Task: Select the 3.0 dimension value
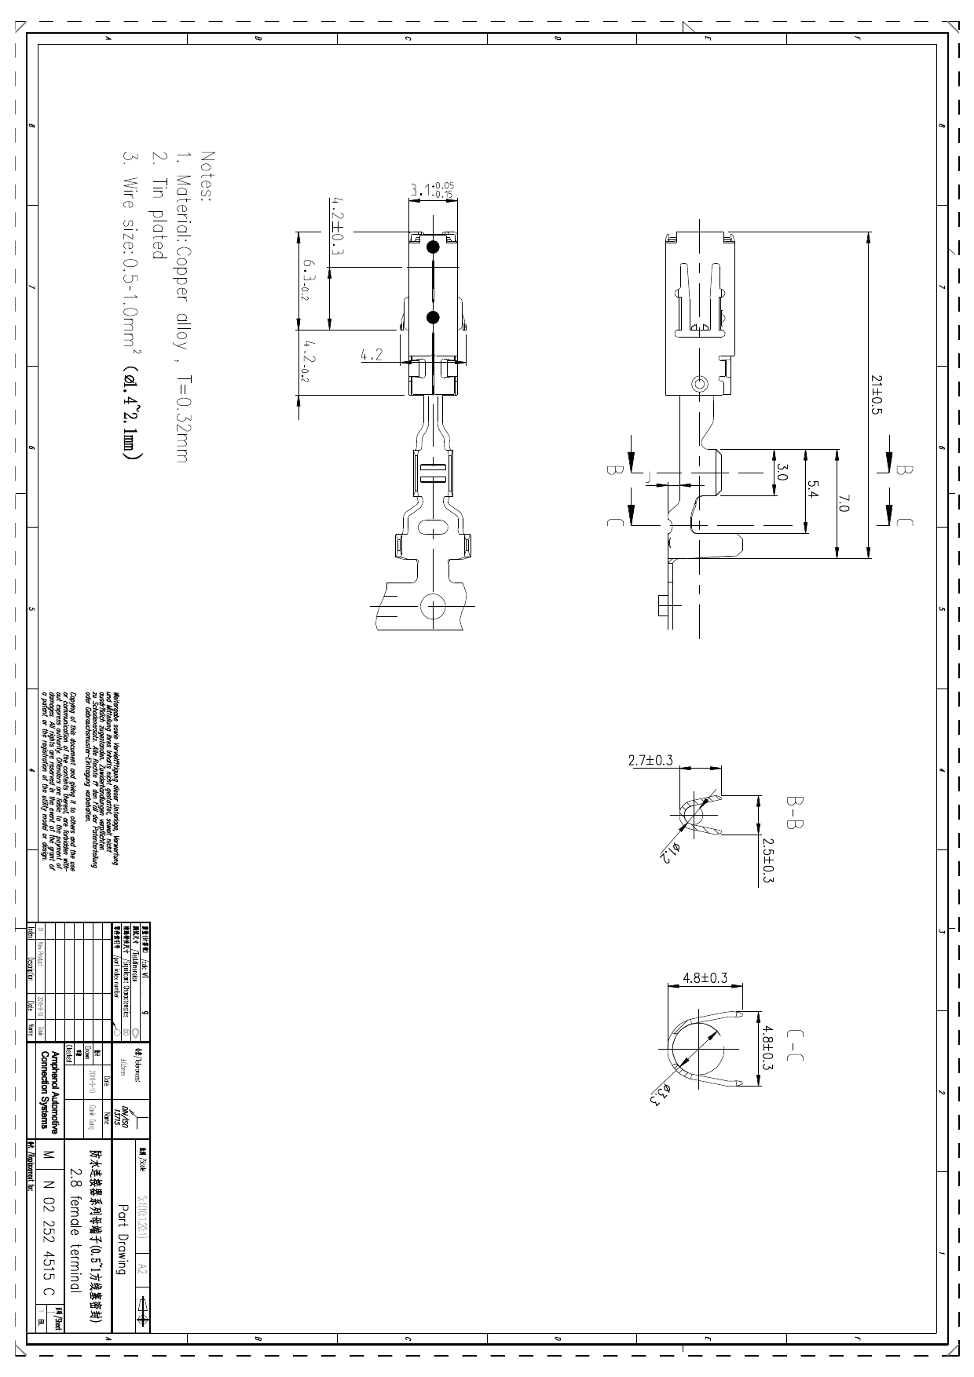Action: [x=782, y=472]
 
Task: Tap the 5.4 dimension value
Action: [x=814, y=489]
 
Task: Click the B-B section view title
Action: [x=796, y=813]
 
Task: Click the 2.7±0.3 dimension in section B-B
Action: [x=650, y=760]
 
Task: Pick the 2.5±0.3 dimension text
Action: [x=768, y=860]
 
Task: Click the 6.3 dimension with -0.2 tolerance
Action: [x=309, y=281]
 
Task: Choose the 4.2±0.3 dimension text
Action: [x=336, y=228]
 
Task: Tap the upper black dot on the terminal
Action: [x=432, y=247]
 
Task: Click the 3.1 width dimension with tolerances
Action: [x=432, y=190]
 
